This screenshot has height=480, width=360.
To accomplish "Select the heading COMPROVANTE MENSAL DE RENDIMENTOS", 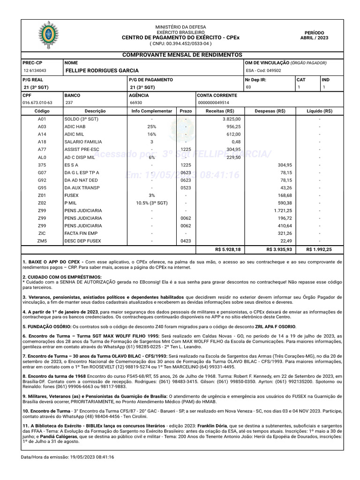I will click(x=182, y=55).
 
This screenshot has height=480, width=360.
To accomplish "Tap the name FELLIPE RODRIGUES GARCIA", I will click(x=102, y=70).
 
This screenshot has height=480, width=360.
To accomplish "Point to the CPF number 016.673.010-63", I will click(x=37, y=103).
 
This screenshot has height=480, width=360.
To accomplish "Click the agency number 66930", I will click(x=136, y=103).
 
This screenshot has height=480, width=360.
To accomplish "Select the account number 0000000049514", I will click(x=214, y=103).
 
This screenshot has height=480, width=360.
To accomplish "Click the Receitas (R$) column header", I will click(x=220, y=111).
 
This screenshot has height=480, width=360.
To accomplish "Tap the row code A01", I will click(x=42, y=120).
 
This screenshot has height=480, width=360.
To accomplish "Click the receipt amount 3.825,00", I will click(x=231, y=120).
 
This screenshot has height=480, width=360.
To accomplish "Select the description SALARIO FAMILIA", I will click(x=83, y=142).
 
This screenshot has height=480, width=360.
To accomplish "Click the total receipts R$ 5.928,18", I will click(x=227, y=250).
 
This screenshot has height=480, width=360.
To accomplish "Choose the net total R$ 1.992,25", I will click(x=319, y=250).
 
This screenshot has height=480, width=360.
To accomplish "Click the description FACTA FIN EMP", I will click(x=81, y=233).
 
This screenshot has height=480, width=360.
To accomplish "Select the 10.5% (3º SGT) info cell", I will click(x=151, y=203).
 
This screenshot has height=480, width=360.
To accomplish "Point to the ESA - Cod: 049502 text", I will click(x=263, y=71).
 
